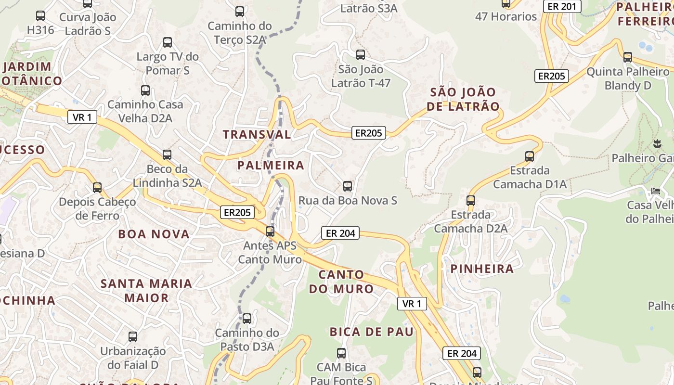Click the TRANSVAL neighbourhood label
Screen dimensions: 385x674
point(257,134)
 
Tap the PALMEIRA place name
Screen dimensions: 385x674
point(271,166)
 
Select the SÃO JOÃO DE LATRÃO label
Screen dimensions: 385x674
point(463,99)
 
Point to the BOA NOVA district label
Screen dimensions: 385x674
point(154,234)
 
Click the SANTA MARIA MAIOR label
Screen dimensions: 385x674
point(146,290)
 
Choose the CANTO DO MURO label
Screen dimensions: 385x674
point(341,282)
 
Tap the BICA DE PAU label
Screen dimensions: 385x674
point(372,332)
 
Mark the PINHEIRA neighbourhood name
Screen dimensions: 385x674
point(482,269)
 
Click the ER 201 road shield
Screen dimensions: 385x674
point(562,6)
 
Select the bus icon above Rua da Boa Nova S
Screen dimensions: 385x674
point(347,186)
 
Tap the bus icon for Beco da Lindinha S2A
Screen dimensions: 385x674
point(167,155)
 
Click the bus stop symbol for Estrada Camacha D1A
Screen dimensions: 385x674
point(530,156)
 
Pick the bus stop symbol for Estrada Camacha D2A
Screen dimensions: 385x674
point(471,201)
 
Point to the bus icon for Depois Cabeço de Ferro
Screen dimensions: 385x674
point(97,188)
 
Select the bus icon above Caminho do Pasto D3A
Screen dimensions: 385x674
point(246,319)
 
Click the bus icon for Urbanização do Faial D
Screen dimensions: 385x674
point(133,337)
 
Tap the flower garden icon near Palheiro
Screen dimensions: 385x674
point(657,143)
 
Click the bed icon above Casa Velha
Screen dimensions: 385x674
point(656,191)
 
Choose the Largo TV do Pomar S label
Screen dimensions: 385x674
point(168,64)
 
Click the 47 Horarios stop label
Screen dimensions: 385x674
point(506,16)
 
